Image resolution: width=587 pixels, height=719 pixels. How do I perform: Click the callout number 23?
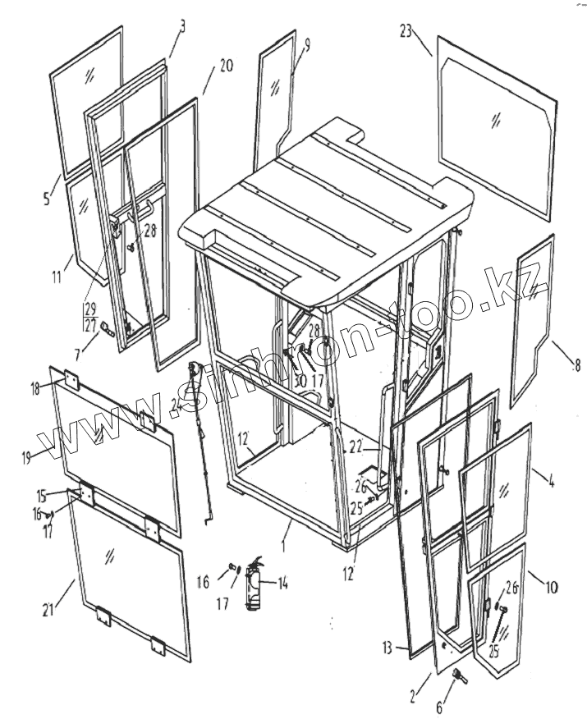(406, 30)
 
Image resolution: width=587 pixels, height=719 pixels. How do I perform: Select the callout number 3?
(182, 25)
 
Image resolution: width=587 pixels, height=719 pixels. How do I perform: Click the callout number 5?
(46, 197)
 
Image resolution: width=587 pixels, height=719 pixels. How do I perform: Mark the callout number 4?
(551, 482)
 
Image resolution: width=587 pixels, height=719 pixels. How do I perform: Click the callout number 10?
(551, 588)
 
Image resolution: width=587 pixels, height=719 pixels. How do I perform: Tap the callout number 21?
(50, 608)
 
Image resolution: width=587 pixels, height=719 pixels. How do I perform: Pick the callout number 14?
(282, 584)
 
